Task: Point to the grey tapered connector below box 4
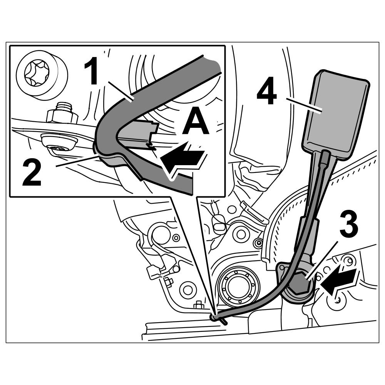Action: coord(308,235)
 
